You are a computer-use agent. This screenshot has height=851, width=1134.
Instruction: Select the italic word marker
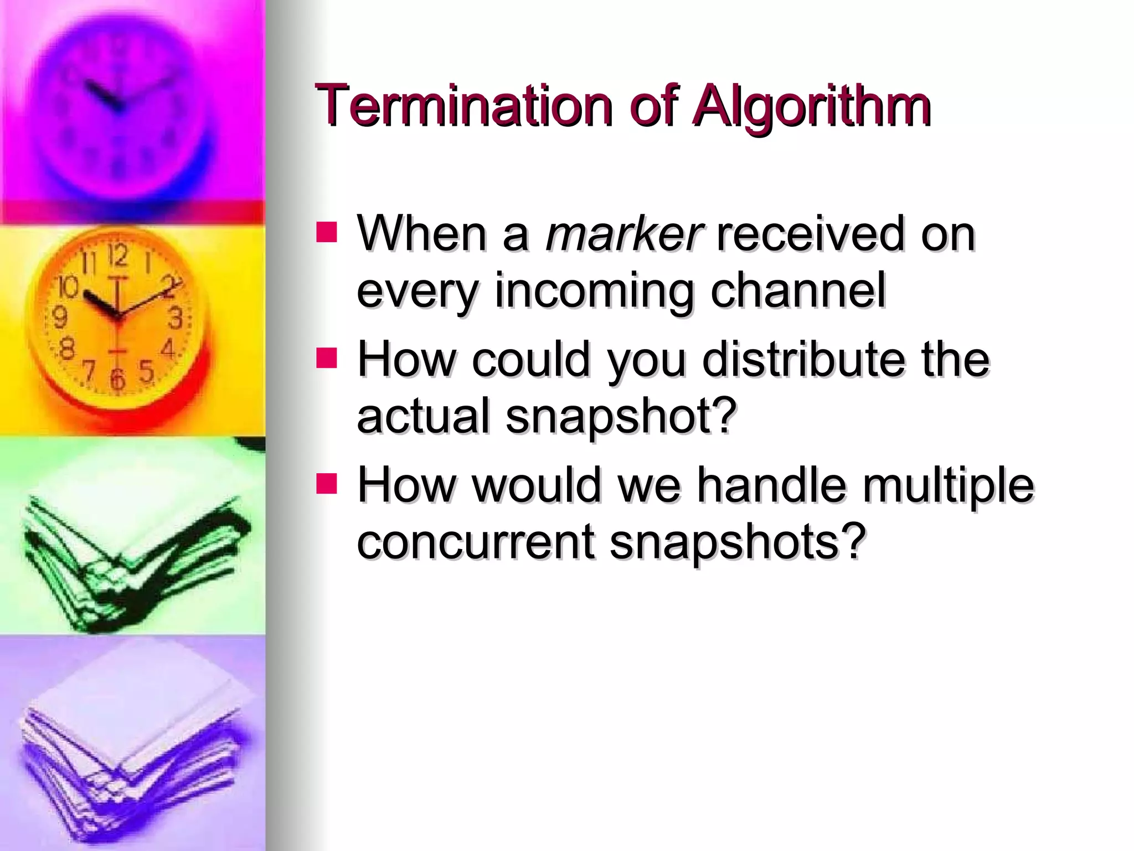tap(624, 234)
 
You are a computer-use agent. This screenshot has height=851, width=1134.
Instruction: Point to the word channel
tap(798, 290)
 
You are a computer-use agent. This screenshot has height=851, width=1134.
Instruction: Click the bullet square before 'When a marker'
tap(327, 233)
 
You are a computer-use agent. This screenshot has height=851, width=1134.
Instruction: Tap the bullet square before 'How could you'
tap(327, 358)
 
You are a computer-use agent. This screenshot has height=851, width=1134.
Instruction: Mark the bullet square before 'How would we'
tap(327, 483)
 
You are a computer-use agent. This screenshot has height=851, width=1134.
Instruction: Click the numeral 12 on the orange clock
tap(117, 255)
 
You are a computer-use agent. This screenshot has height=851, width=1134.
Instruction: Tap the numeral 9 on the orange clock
tap(59, 317)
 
